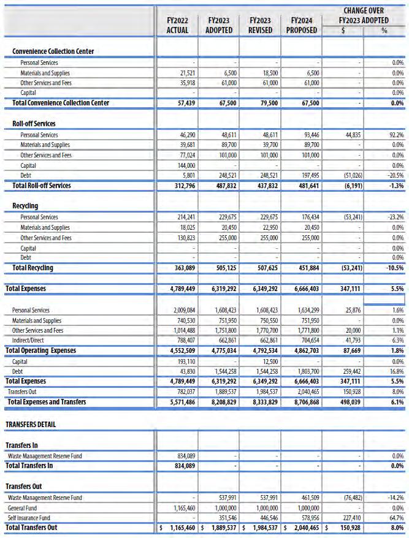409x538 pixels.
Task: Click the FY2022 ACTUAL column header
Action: pos(177,25)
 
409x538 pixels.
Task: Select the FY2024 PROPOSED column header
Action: pos(302,25)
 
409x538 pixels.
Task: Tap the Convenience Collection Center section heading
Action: pos(53,51)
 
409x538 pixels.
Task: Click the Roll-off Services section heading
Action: pos(35,124)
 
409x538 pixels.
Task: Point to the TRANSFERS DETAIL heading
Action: pos(34,424)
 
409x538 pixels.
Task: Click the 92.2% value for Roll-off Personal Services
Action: pos(396,135)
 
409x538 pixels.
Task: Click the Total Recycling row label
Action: pos(32,268)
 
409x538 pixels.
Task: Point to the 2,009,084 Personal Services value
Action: pos(182,310)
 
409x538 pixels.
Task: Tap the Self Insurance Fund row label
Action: pos(30,517)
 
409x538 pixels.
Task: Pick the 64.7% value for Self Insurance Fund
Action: pos(396,517)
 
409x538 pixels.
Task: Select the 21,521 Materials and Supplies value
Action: pos(186,72)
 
